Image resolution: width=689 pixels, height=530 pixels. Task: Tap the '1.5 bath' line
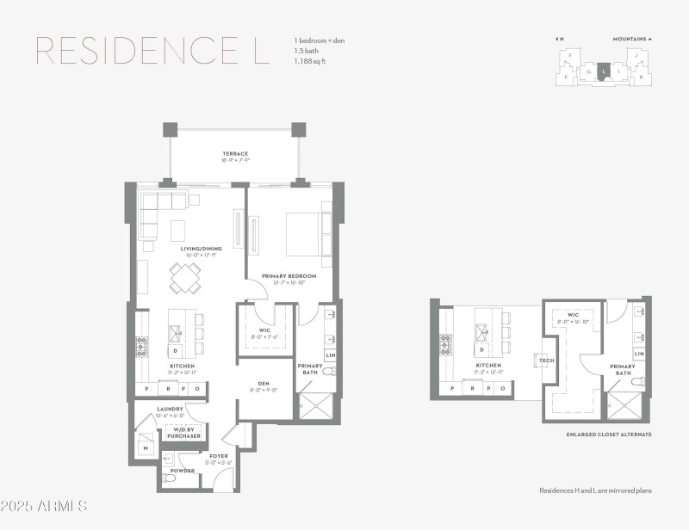click(307, 52)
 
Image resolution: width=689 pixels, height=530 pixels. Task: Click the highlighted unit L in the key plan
click(605, 71)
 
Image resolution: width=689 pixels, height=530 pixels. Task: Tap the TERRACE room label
click(235, 154)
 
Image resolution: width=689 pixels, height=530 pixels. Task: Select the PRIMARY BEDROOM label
click(289, 276)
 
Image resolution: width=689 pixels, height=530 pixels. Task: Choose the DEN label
click(264, 384)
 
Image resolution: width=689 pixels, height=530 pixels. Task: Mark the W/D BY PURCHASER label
click(184, 433)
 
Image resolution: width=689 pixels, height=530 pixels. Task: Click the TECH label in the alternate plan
click(545, 361)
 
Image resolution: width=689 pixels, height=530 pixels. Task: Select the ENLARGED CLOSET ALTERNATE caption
click(608, 434)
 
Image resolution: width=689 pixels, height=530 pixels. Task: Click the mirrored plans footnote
click(595, 490)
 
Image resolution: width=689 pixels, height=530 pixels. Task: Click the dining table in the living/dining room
click(185, 278)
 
